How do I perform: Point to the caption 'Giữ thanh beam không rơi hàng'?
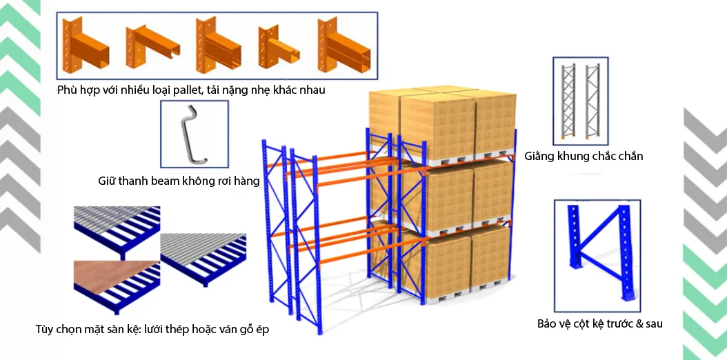tap(179, 181)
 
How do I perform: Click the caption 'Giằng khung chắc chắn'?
tap(583, 156)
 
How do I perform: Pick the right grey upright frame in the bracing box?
tap(592, 99)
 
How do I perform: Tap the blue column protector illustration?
tap(598, 251)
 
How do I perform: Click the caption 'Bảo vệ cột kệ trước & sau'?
tap(599, 323)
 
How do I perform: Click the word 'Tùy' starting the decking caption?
tap(45, 330)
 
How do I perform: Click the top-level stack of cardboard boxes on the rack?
tap(441, 123)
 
